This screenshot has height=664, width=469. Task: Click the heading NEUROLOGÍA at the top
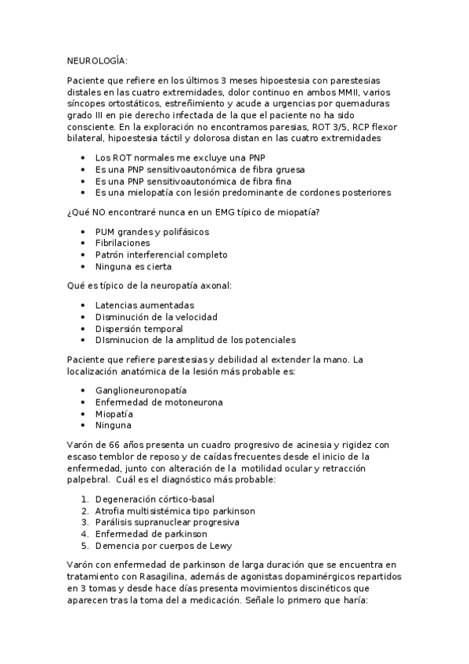tap(96, 60)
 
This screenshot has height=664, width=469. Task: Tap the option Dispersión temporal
tap(140, 329)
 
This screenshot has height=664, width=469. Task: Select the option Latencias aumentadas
tap(145, 305)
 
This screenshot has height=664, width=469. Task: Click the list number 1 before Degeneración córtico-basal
tap(85, 498)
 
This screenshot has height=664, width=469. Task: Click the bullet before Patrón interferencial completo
tap(83, 255)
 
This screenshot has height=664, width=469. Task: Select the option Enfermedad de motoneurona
tap(159, 402)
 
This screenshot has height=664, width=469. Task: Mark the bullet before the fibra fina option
tap(83, 181)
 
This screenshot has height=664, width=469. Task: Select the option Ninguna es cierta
tap(132, 267)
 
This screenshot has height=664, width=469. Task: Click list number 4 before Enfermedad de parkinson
tap(85, 533)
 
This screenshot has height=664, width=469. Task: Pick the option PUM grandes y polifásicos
tap(152, 232)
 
